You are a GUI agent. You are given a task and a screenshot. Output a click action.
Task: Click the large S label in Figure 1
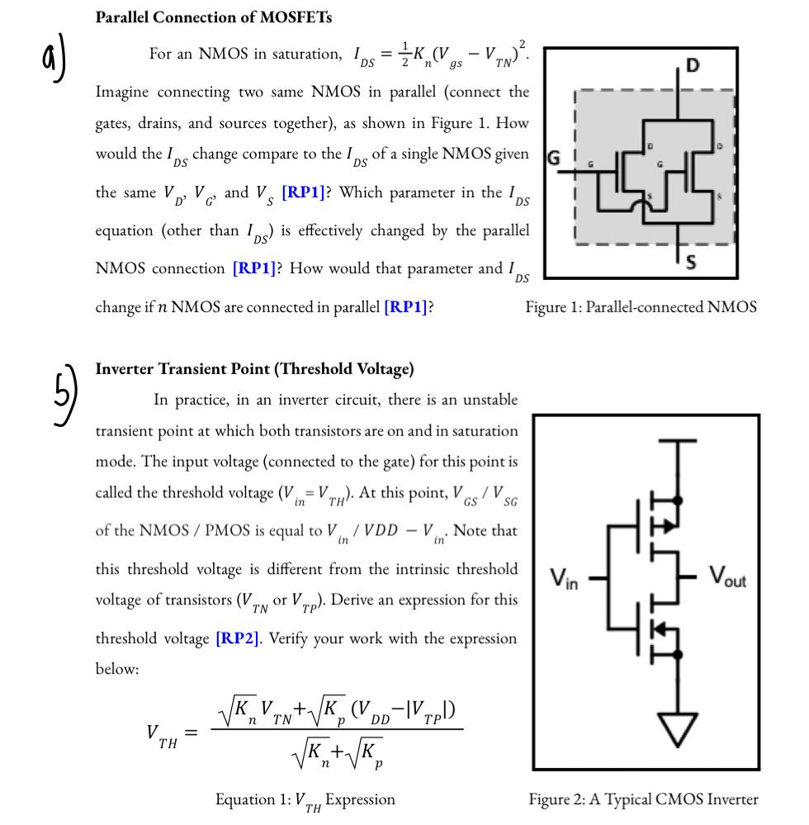(691, 262)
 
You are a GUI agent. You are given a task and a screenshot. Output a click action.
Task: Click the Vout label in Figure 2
(726, 580)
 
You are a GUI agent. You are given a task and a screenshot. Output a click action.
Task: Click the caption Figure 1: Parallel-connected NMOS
(641, 307)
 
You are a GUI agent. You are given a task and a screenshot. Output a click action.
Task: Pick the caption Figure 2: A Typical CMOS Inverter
(642, 799)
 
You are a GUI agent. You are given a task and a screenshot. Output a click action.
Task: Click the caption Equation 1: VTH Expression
(305, 799)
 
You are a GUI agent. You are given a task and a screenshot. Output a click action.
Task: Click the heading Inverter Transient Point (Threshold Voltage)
(255, 368)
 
